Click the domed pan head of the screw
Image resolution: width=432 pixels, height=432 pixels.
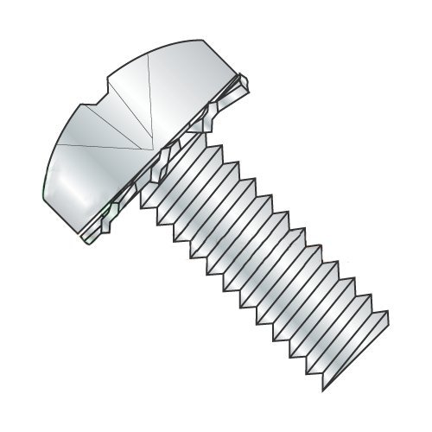click(130, 130)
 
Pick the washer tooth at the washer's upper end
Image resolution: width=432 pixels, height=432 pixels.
click(246, 82)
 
